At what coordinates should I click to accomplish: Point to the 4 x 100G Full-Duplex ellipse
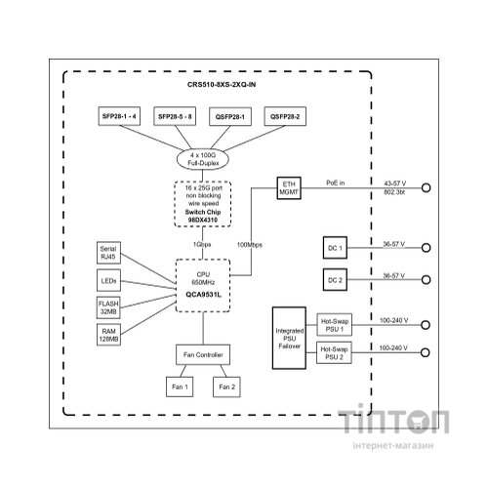coord(207,156)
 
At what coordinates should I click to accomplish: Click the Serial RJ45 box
coord(109,253)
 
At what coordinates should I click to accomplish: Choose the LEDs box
coord(109,280)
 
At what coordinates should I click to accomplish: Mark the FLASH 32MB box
coord(109,307)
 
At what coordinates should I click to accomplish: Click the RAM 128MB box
coord(109,335)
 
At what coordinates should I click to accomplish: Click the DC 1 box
coord(334,248)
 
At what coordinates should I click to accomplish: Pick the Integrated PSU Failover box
coord(290,338)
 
